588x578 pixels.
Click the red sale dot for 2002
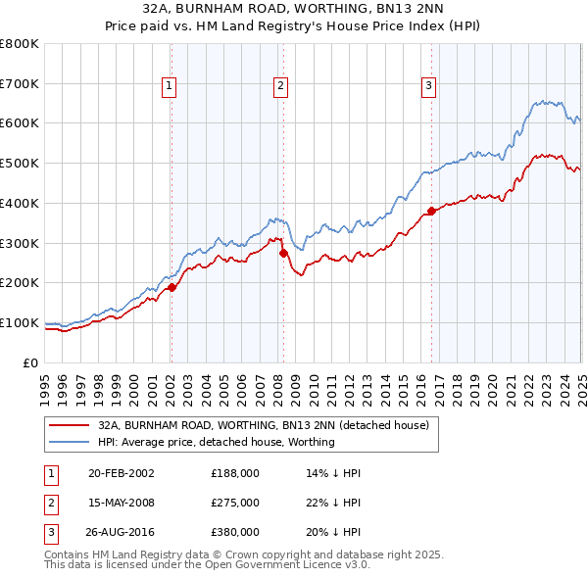coord(171,287)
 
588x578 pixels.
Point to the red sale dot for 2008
coord(283,253)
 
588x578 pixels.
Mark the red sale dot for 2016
coord(431,211)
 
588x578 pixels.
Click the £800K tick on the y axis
coord(20,44)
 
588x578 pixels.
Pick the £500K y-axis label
coord(20,164)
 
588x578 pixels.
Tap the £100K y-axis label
coord(20,322)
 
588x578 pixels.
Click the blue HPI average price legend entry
coord(216,442)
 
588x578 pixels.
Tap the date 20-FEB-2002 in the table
coord(122,473)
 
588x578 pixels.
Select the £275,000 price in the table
coord(235,503)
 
